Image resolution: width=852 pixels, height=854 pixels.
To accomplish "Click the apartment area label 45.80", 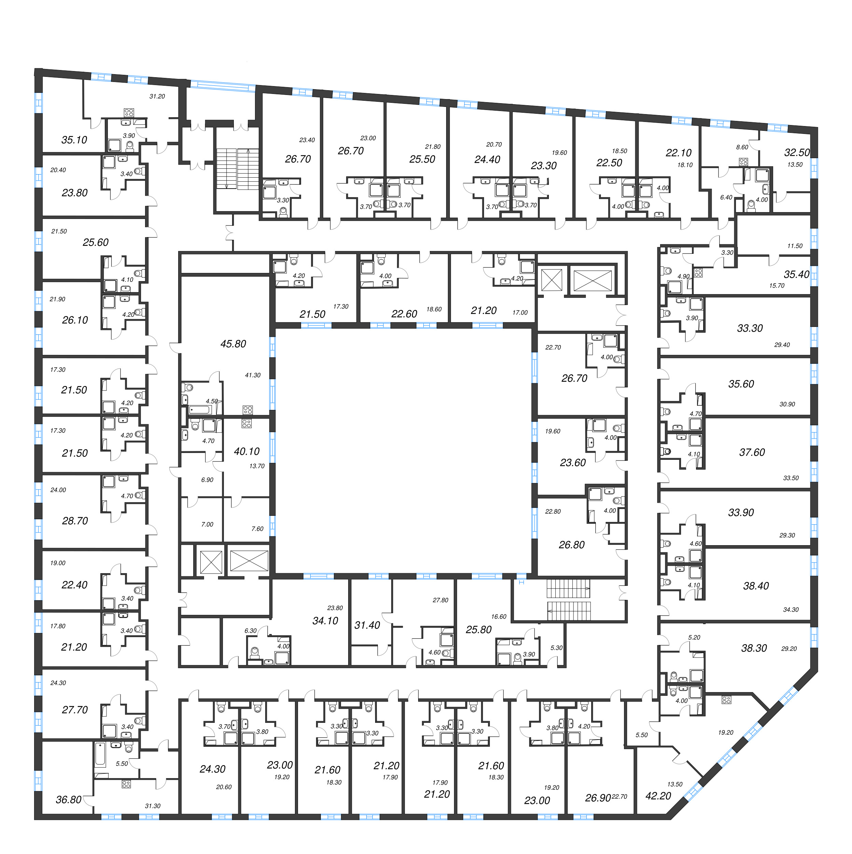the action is point(233,344).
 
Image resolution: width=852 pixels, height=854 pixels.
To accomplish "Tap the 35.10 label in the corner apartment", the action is point(74,140).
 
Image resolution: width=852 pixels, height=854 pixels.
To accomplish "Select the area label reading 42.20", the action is point(658,796).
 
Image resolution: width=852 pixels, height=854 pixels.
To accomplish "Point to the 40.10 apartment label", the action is point(247,452).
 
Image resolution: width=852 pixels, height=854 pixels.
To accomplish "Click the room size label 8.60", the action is point(742,147).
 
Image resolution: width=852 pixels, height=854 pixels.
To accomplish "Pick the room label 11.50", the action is point(795,246).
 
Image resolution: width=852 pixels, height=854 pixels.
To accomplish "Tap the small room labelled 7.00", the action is point(207,525).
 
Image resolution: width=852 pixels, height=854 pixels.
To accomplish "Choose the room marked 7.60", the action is point(257,529).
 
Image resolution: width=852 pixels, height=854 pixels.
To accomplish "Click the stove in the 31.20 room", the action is point(129,112).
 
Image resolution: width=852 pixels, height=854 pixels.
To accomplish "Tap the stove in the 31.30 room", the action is point(126,785).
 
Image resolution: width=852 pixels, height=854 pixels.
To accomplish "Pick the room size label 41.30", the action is point(253,375).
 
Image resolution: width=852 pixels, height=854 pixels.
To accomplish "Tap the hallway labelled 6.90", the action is point(207,480).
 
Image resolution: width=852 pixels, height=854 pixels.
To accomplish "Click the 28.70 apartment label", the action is point(75,521).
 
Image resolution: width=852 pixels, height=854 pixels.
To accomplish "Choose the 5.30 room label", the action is point(556,648).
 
